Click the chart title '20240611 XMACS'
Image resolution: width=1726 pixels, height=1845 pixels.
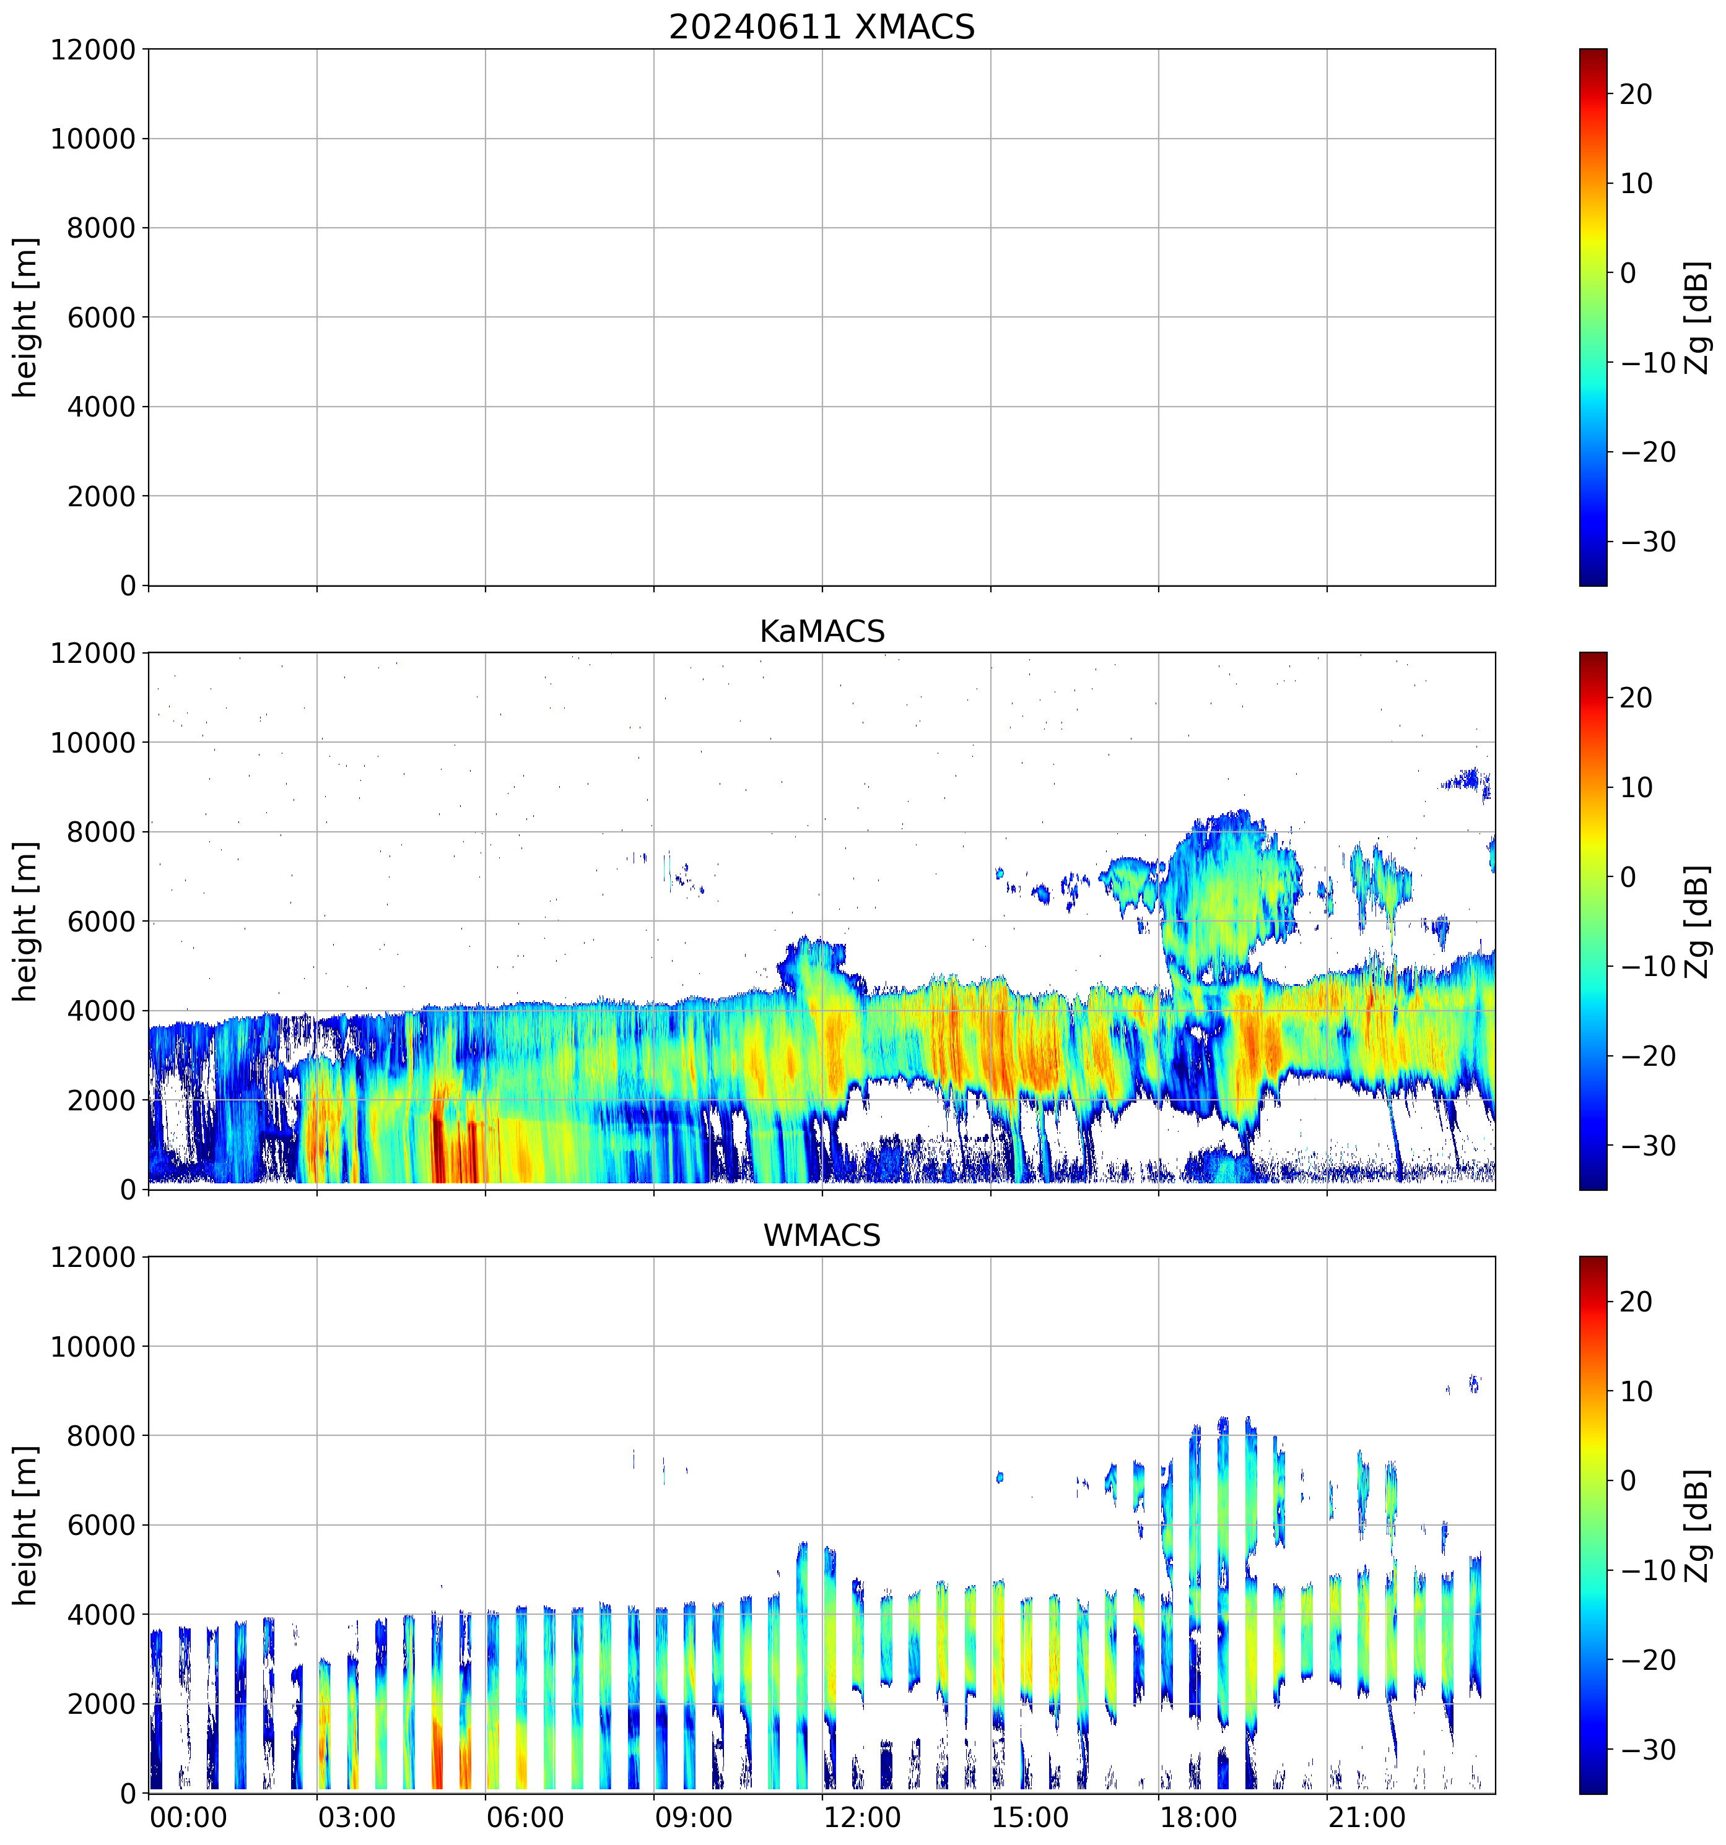pyautogui.click(x=822, y=27)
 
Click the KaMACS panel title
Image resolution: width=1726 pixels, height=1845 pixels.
pyautogui.click(x=822, y=632)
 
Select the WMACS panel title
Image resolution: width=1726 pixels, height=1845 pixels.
pyautogui.click(x=822, y=1236)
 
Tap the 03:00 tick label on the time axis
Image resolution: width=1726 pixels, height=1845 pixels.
pyautogui.click(x=357, y=1817)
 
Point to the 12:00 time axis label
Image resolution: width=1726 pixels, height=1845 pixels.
pyautogui.click(x=861, y=1817)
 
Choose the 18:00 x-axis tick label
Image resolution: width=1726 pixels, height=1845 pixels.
pyautogui.click(x=1198, y=1817)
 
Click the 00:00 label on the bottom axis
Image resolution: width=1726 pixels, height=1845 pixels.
pyautogui.click(x=188, y=1817)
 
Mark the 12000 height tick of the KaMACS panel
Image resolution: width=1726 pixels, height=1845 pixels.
pyautogui.click(x=93, y=654)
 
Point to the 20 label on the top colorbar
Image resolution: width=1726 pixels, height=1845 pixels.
pyautogui.click(x=1636, y=95)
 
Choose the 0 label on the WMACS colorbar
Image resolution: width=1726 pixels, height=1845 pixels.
pyautogui.click(x=1628, y=1481)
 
